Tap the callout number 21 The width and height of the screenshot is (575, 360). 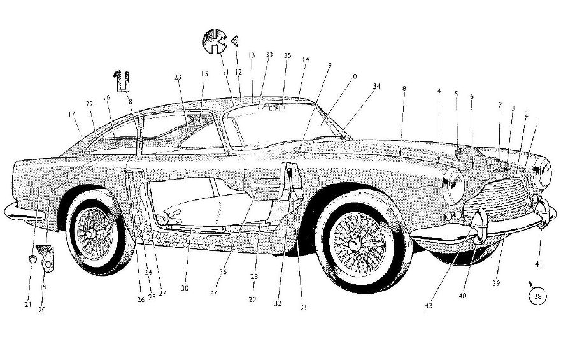coord(28,305)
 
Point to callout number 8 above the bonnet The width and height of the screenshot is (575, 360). coord(404,89)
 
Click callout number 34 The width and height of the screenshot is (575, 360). coord(377,85)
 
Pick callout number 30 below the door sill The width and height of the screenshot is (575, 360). coord(184,288)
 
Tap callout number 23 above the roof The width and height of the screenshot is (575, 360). coord(178,77)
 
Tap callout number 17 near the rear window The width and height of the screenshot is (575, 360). coord(71,114)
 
